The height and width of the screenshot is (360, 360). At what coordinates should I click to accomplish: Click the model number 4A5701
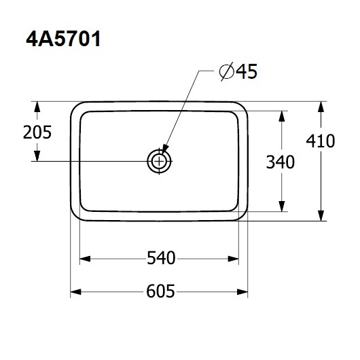tap(63, 39)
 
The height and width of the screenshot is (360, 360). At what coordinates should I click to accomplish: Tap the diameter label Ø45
tap(238, 71)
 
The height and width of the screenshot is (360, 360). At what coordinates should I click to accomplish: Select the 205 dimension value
tap(37, 132)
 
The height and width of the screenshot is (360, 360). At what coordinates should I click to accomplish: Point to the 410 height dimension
tap(321, 141)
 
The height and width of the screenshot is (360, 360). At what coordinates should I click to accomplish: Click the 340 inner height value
tap(281, 162)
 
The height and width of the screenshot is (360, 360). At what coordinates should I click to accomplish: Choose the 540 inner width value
tap(161, 258)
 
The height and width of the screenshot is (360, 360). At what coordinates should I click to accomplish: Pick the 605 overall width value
tap(160, 291)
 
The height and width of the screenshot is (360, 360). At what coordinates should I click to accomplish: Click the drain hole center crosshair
tap(159, 162)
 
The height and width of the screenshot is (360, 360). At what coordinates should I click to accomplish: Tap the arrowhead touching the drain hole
tap(165, 149)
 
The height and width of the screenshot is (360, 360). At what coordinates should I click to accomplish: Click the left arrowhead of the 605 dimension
tap(75, 292)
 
